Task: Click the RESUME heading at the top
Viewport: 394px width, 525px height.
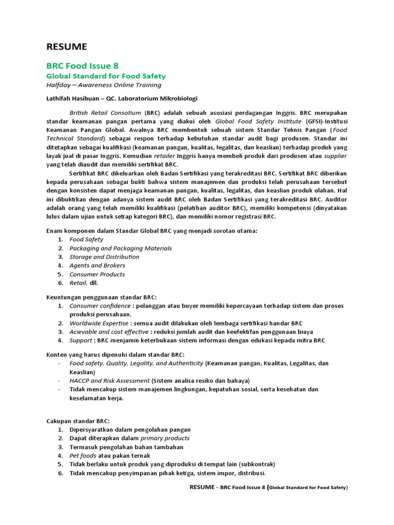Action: tap(67, 47)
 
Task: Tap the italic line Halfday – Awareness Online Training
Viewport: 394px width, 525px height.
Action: tap(104, 85)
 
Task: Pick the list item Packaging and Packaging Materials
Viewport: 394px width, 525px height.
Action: tap(121, 248)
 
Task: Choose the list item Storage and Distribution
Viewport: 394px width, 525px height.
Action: tap(104, 257)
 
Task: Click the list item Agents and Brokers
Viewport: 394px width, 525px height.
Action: tap(97, 266)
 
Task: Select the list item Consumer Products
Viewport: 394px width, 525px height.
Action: tap(97, 274)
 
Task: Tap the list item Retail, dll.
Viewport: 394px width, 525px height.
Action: tap(83, 283)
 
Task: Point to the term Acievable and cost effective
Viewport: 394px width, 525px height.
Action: tap(105, 332)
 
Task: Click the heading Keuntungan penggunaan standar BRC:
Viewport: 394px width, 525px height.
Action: tap(102, 297)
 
